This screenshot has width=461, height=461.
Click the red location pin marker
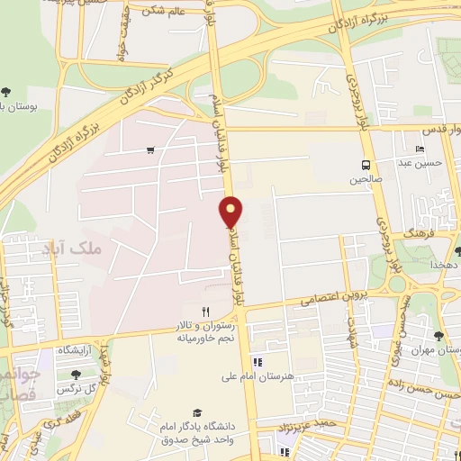(231, 212)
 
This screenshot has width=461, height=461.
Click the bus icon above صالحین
(366, 165)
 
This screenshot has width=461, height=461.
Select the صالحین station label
(366, 180)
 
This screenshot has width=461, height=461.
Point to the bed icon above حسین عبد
(420, 149)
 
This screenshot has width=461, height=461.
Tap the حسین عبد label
(420, 164)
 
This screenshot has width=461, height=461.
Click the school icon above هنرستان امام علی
(258, 362)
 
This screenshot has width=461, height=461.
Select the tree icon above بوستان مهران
(438, 336)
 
